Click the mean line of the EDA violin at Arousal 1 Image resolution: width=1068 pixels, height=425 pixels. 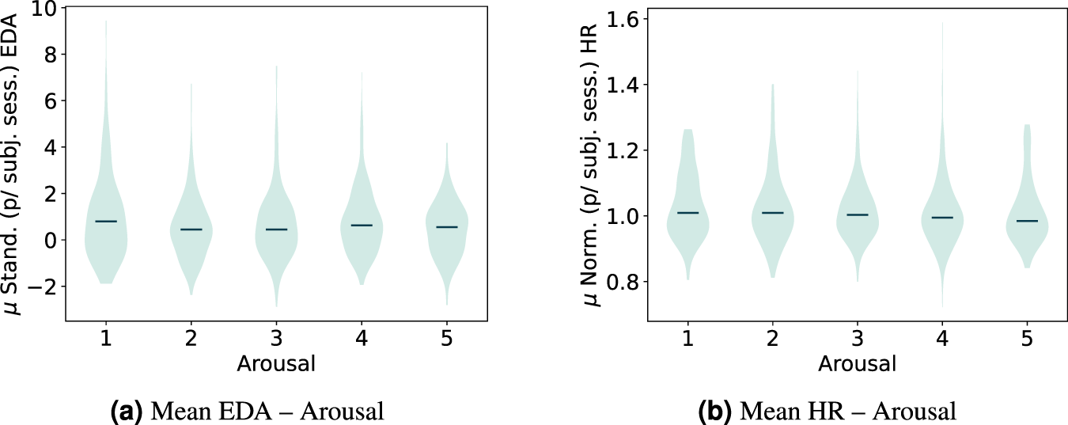(x=105, y=222)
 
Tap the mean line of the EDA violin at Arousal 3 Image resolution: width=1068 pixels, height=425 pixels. (x=276, y=230)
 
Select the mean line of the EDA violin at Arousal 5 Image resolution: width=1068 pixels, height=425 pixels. (x=447, y=227)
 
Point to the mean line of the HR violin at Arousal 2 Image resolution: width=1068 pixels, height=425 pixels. (x=772, y=213)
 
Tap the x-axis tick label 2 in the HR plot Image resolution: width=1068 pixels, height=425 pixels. (x=772, y=337)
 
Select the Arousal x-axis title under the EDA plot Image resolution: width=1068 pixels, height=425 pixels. (x=276, y=364)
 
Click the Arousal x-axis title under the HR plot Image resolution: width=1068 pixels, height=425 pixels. (x=858, y=364)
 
